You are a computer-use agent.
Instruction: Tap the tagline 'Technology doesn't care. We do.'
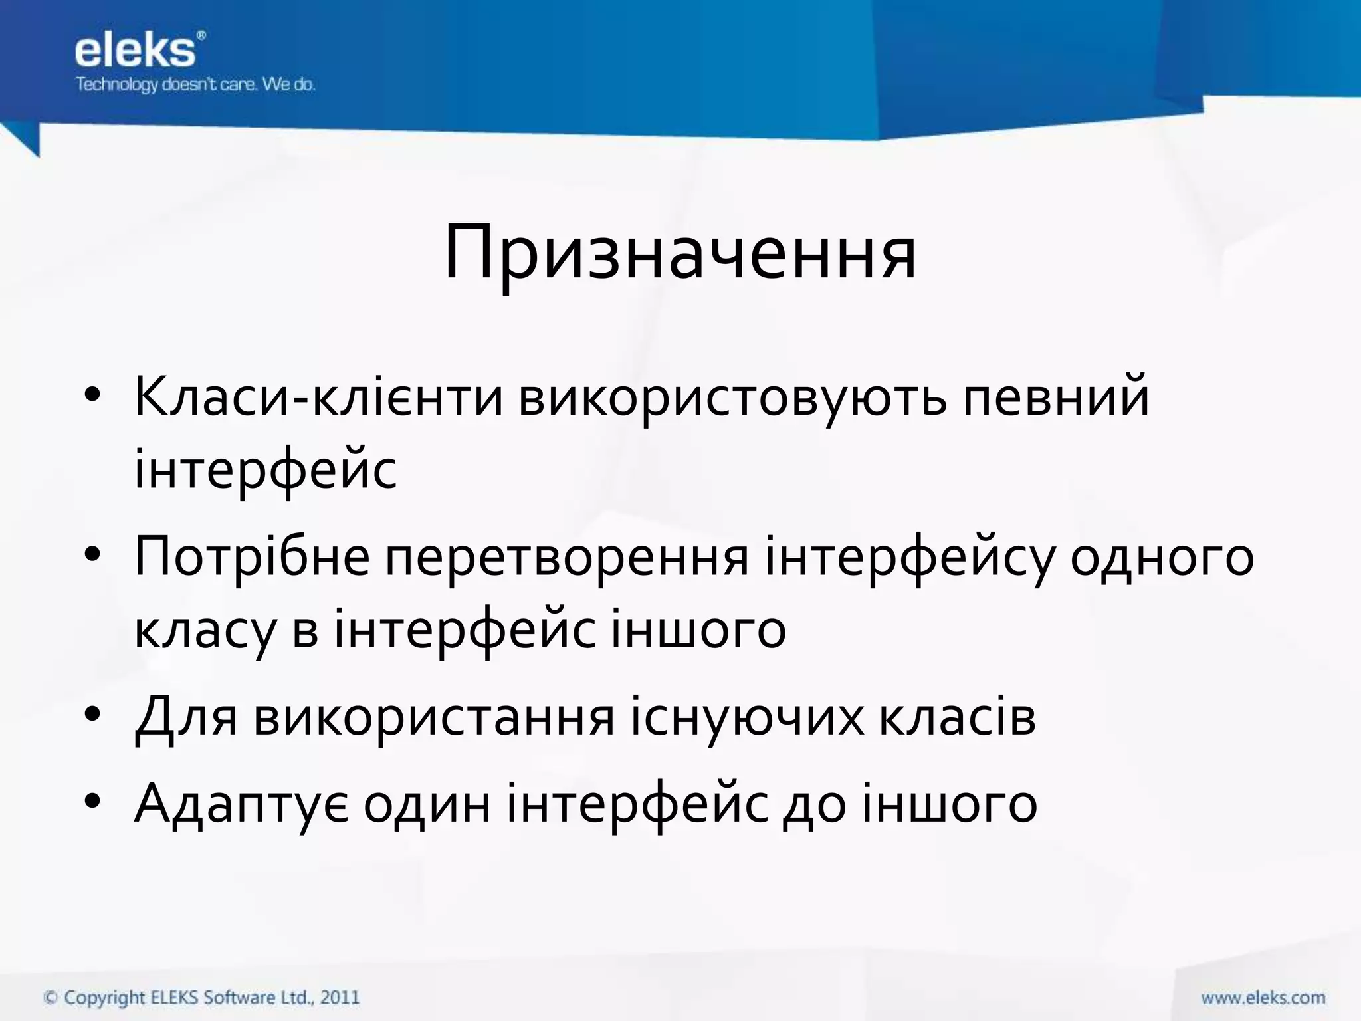pyautogui.click(x=195, y=84)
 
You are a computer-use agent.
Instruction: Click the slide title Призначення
pyautogui.click(x=680, y=253)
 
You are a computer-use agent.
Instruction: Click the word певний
pyautogui.click(x=1056, y=397)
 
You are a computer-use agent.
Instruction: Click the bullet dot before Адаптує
pyautogui.click(x=92, y=801)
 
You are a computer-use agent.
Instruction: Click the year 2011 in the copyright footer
pyautogui.click(x=340, y=997)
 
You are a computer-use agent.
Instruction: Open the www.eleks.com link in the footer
pyautogui.click(x=1263, y=998)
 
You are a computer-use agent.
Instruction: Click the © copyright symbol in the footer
pyautogui.click(x=51, y=998)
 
